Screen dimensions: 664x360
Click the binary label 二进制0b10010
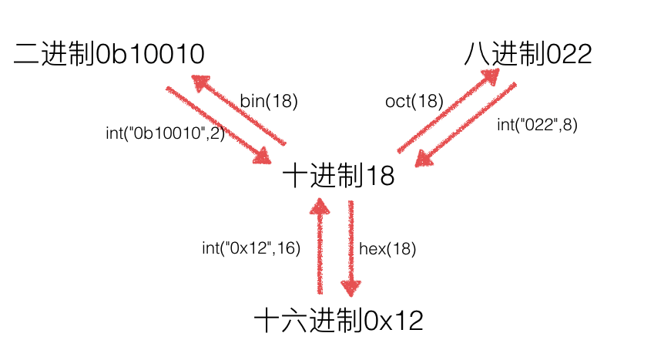coord(109,54)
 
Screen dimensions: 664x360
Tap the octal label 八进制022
coord(528,54)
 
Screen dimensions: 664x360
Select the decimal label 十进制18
coord(338,176)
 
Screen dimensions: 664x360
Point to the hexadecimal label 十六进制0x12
coord(338,321)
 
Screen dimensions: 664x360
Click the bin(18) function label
coord(269,101)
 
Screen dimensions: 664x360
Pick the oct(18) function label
coord(414,101)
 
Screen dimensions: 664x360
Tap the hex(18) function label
coord(387,248)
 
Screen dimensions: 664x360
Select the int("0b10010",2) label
coord(165,133)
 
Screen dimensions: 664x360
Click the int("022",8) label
coord(537,125)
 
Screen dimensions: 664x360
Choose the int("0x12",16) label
coord(251,247)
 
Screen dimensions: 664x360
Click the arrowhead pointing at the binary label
coord(201,82)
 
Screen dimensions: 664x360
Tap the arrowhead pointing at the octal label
coord(491,77)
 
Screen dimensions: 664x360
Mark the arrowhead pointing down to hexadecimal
coord(350,288)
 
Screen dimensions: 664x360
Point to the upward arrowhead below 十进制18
coord(320,206)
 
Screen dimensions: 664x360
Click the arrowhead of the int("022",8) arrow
coord(424,159)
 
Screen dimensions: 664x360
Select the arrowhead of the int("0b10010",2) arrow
coord(262,156)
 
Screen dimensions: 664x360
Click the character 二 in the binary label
coord(27,55)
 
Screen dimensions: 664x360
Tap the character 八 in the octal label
coord(477,55)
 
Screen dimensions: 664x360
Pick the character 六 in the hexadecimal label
coord(294,321)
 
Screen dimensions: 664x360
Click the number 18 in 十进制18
coord(380,176)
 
